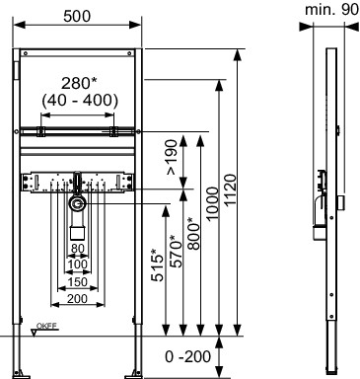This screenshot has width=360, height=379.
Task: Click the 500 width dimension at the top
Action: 77,16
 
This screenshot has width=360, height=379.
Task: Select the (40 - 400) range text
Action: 80,100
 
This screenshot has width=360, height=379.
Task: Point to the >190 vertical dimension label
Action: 172,157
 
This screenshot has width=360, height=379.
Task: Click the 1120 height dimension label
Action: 231,190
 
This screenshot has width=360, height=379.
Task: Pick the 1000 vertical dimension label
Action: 212,203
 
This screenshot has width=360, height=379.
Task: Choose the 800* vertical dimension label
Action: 194,233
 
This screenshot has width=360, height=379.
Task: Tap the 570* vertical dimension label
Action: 177,251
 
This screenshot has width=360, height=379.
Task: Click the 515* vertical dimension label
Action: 158,265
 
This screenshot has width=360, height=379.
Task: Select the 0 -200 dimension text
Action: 187,356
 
